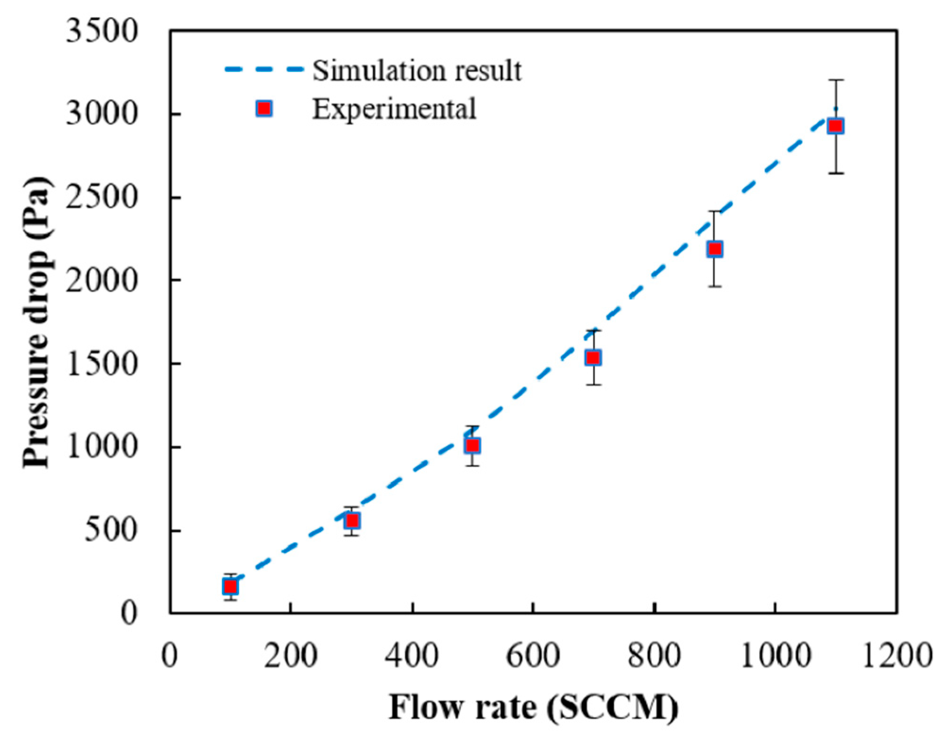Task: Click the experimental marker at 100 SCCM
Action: [x=230, y=587]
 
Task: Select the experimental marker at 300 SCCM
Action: [x=352, y=521]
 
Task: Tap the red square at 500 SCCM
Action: [x=472, y=446]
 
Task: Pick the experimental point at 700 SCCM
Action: [x=594, y=358]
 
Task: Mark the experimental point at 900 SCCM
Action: [x=715, y=249]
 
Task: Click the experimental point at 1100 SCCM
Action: [x=835, y=126]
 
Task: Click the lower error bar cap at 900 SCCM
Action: [x=715, y=287]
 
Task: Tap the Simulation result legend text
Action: [x=417, y=71]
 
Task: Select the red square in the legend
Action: [x=264, y=109]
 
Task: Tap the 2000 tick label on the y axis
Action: [x=102, y=281]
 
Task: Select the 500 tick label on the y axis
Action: [x=111, y=530]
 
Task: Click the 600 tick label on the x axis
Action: [x=533, y=656]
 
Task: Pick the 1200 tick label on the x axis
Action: [x=897, y=656]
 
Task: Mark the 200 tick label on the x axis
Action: [x=290, y=656]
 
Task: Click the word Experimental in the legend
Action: [x=394, y=109]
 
